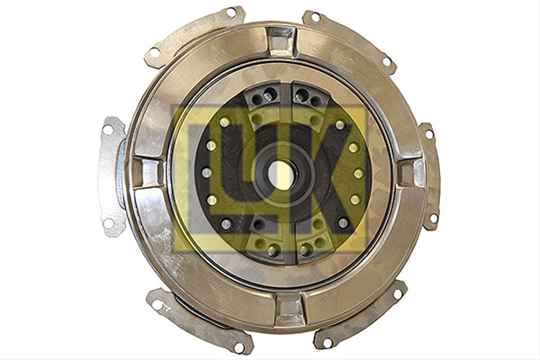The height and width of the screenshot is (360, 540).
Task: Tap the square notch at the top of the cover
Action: click(281, 41)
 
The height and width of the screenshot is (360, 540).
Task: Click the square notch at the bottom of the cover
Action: click(290, 309)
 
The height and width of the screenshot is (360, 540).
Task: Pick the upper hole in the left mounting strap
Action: click(108, 130)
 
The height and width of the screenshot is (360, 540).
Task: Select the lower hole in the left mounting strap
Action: click(108, 223)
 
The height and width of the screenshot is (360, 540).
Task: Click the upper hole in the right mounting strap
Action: click(429, 134)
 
